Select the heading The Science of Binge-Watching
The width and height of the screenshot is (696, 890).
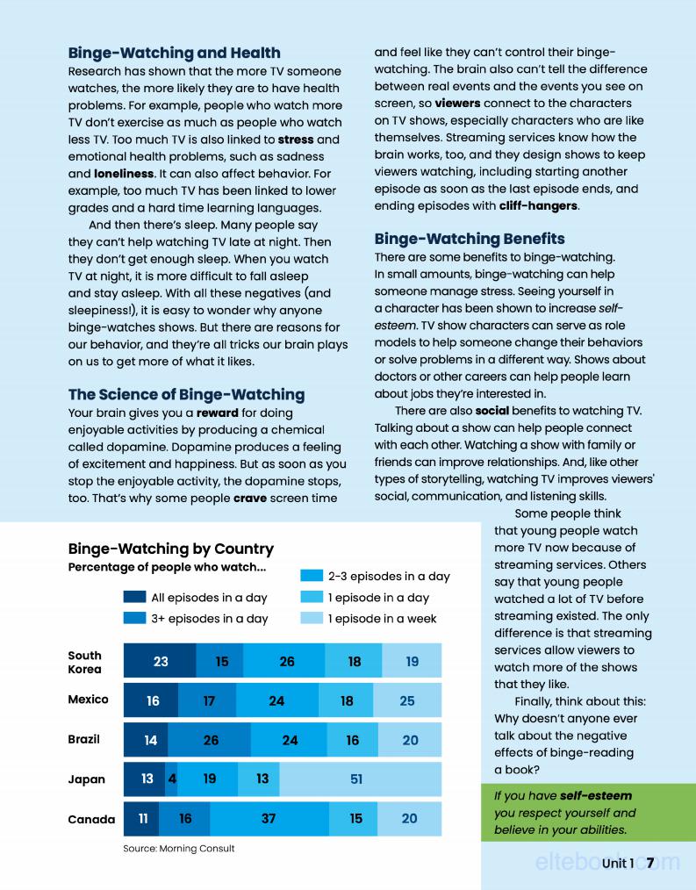(186, 394)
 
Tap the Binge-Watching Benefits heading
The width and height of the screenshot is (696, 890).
(470, 239)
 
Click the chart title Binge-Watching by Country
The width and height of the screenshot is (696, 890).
(171, 549)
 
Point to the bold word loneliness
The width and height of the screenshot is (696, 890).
(124, 174)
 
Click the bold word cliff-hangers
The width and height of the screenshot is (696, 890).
(538, 206)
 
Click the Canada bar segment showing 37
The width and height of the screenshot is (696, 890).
(269, 819)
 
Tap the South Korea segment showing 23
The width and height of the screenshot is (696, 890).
(160, 662)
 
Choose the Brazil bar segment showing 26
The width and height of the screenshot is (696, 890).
(211, 740)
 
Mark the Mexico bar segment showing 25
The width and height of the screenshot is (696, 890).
(406, 700)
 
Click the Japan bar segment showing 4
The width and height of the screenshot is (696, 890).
(172, 779)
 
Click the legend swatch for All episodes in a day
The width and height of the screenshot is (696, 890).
(134, 598)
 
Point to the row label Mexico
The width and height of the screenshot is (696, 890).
(89, 700)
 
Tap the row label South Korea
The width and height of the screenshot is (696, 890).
(85, 662)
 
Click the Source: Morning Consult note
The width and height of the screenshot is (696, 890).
(179, 849)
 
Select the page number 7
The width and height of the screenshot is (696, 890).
(650, 864)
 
